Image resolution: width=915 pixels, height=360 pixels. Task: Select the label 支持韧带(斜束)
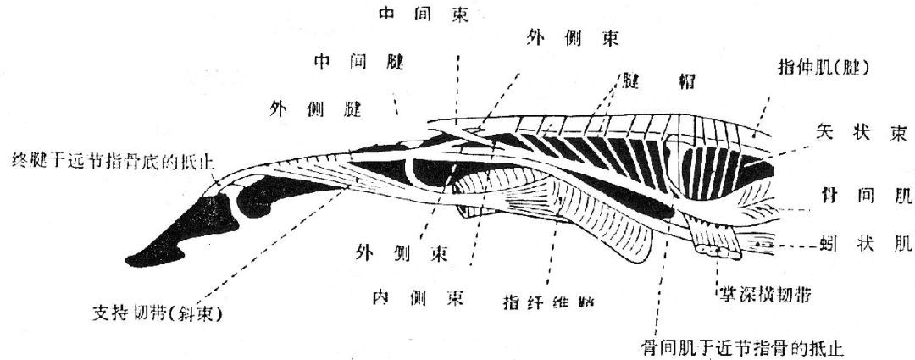[x=157, y=315]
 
